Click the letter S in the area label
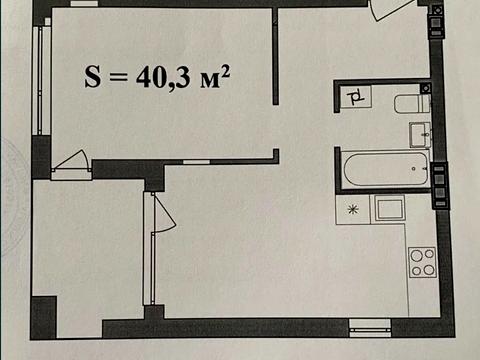click(x=92, y=77)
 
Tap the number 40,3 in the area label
click(x=163, y=79)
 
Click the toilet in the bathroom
click(x=412, y=104)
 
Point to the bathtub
click(x=386, y=168)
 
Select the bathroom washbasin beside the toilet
click(x=420, y=135)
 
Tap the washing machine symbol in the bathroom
click(x=356, y=97)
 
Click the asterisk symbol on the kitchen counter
click(x=353, y=209)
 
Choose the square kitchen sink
click(x=390, y=208)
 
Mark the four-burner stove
click(x=423, y=262)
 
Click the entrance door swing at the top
click(x=394, y=10)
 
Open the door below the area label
click(x=71, y=162)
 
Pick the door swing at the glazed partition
click(x=163, y=213)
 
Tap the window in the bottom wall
click(x=370, y=324)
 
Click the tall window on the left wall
click(x=41, y=81)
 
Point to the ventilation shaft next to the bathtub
click(x=439, y=185)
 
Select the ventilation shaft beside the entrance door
click(x=436, y=19)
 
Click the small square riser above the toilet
click(x=425, y=89)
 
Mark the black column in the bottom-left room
click(x=43, y=317)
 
